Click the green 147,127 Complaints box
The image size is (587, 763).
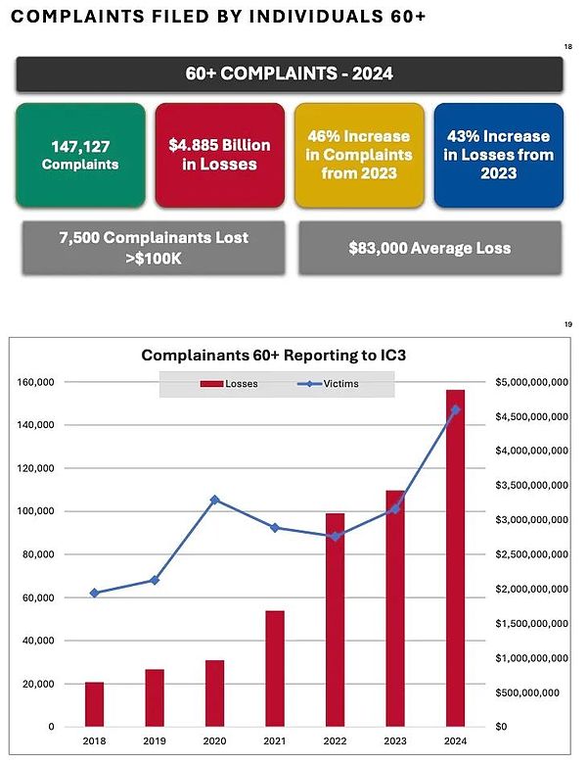point(80,156)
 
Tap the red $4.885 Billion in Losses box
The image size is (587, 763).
point(219,156)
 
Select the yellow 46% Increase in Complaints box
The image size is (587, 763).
point(359,156)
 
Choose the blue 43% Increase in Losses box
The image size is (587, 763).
point(498,156)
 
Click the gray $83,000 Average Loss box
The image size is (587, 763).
point(429,248)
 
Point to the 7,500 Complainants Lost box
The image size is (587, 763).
point(154,248)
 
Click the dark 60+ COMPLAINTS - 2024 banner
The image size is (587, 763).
point(289,74)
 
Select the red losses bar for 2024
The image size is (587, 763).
point(455,557)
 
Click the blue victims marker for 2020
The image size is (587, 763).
point(214,500)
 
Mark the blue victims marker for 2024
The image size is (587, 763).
point(455,409)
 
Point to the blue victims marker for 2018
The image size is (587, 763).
point(94,593)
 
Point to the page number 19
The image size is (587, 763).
point(567,325)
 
